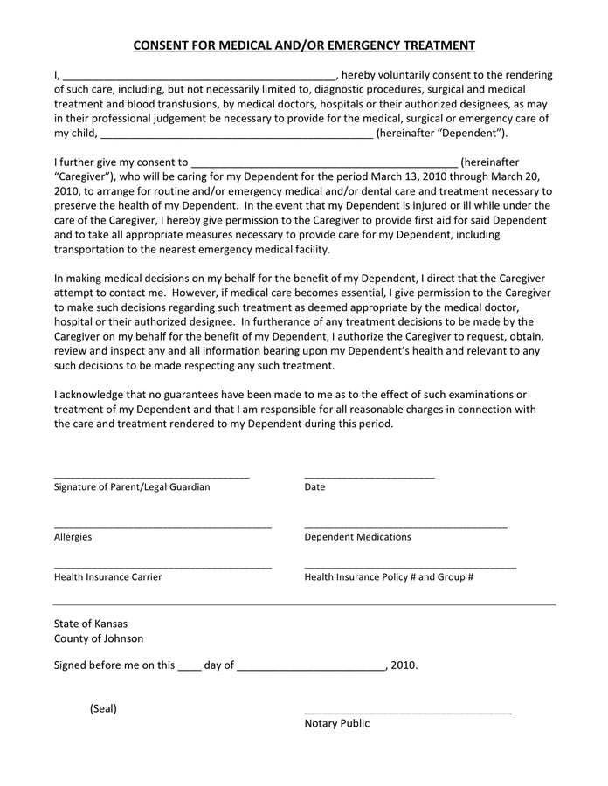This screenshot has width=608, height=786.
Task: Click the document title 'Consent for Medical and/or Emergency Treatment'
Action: point(304,45)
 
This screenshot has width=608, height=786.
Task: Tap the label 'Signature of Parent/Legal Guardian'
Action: point(132,486)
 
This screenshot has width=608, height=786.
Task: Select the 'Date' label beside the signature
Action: point(314,486)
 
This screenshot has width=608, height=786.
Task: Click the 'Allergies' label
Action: point(73,537)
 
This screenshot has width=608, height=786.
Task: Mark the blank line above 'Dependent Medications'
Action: point(405,528)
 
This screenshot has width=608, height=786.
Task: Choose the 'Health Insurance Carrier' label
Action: point(107,577)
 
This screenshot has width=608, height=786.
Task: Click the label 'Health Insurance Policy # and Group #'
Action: point(389,577)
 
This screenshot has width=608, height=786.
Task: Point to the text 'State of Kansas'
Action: point(90,624)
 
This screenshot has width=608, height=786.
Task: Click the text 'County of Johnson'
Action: point(99,638)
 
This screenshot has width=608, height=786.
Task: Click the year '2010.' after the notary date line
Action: point(404,665)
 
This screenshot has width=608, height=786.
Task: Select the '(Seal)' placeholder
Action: point(103,708)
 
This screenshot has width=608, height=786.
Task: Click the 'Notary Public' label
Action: point(336,723)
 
